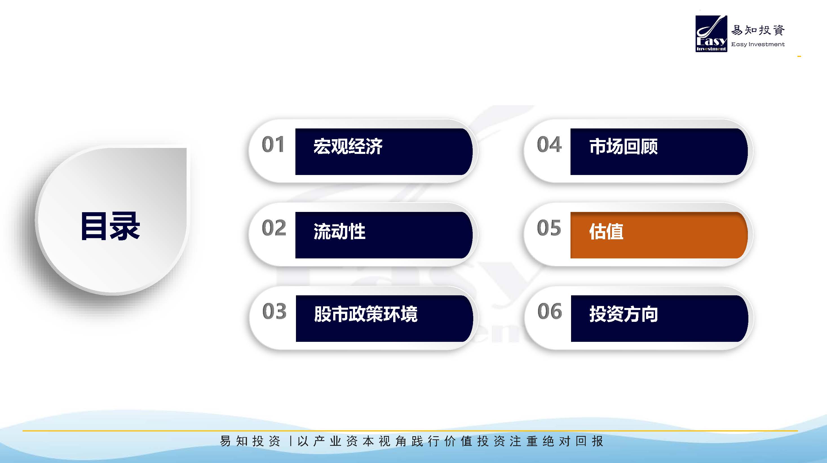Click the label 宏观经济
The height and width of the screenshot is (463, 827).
coord(348,147)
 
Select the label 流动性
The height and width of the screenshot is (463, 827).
coord(339,231)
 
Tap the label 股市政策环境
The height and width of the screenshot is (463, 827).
coord(366,314)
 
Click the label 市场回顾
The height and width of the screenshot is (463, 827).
coord(623,147)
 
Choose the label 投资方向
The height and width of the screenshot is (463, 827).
coord(623,314)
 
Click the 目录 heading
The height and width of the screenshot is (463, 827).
coord(110,226)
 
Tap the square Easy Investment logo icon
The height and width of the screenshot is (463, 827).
coord(711,34)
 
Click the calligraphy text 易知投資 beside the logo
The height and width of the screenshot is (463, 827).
coord(758,30)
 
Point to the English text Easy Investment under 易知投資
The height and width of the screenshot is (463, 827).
coord(758,44)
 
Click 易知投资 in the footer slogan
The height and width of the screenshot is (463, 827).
coord(250,441)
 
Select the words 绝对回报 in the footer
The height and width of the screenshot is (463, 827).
coord(573,441)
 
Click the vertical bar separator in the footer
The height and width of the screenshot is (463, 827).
coord(291,441)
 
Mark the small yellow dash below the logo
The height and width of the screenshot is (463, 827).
coord(799,56)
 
